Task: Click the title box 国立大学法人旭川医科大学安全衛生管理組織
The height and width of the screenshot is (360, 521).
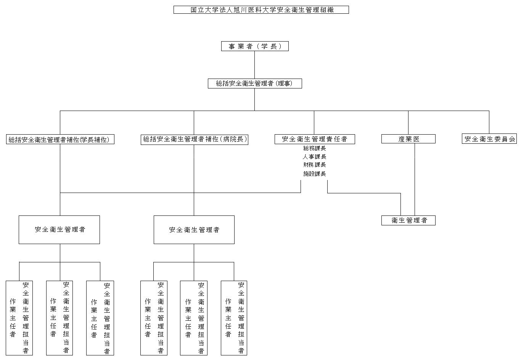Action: [261, 10]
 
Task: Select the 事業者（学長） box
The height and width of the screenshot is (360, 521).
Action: [255, 47]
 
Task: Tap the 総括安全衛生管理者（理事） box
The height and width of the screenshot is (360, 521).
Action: [255, 84]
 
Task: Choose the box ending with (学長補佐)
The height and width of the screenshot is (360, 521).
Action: [60, 140]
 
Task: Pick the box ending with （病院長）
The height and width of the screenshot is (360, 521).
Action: [195, 140]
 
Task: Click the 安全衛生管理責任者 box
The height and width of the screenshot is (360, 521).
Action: [315, 139]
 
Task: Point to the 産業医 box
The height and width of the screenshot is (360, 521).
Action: [408, 139]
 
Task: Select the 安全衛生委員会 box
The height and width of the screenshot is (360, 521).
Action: [489, 139]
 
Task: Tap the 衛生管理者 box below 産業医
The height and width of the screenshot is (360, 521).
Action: [408, 220]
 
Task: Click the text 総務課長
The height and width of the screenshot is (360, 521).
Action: [315, 148]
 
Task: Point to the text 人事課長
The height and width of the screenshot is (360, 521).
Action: [315, 157]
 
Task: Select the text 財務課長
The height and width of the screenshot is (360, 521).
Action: [315, 165]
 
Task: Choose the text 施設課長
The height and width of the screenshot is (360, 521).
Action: [315, 174]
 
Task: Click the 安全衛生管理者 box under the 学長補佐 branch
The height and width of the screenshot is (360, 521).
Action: [59, 230]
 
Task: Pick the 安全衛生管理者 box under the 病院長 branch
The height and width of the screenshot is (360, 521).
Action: [194, 230]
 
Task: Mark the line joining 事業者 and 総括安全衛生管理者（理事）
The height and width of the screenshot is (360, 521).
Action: [255, 65]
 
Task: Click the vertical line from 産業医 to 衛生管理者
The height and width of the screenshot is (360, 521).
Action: [415, 179]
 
